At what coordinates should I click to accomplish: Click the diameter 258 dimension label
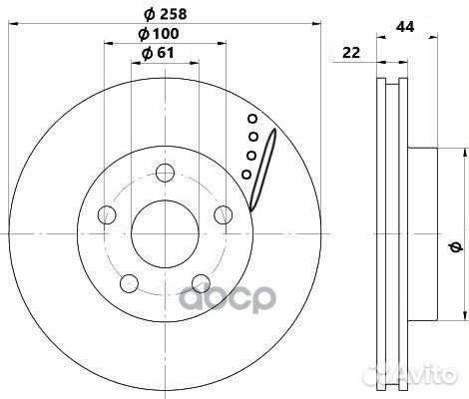pyautogui.click(x=166, y=14)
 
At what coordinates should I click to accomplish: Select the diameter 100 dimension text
pyautogui.click(x=159, y=34)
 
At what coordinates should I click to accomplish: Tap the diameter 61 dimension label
pyautogui.click(x=158, y=53)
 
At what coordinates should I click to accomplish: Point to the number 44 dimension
pyautogui.click(x=405, y=27)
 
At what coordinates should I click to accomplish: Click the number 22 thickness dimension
pyautogui.click(x=351, y=53)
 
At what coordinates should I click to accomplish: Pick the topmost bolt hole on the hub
pyautogui.click(x=166, y=173)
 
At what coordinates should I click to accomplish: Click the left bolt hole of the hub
pyautogui.click(x=107, y=214)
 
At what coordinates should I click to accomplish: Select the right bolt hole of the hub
pyautogui.click(x=224, y=214)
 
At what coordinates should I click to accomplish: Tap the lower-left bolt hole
pyautogui.click(x=129, y=283)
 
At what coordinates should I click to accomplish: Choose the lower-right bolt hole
pyautogui.click(x=202, y=283)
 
